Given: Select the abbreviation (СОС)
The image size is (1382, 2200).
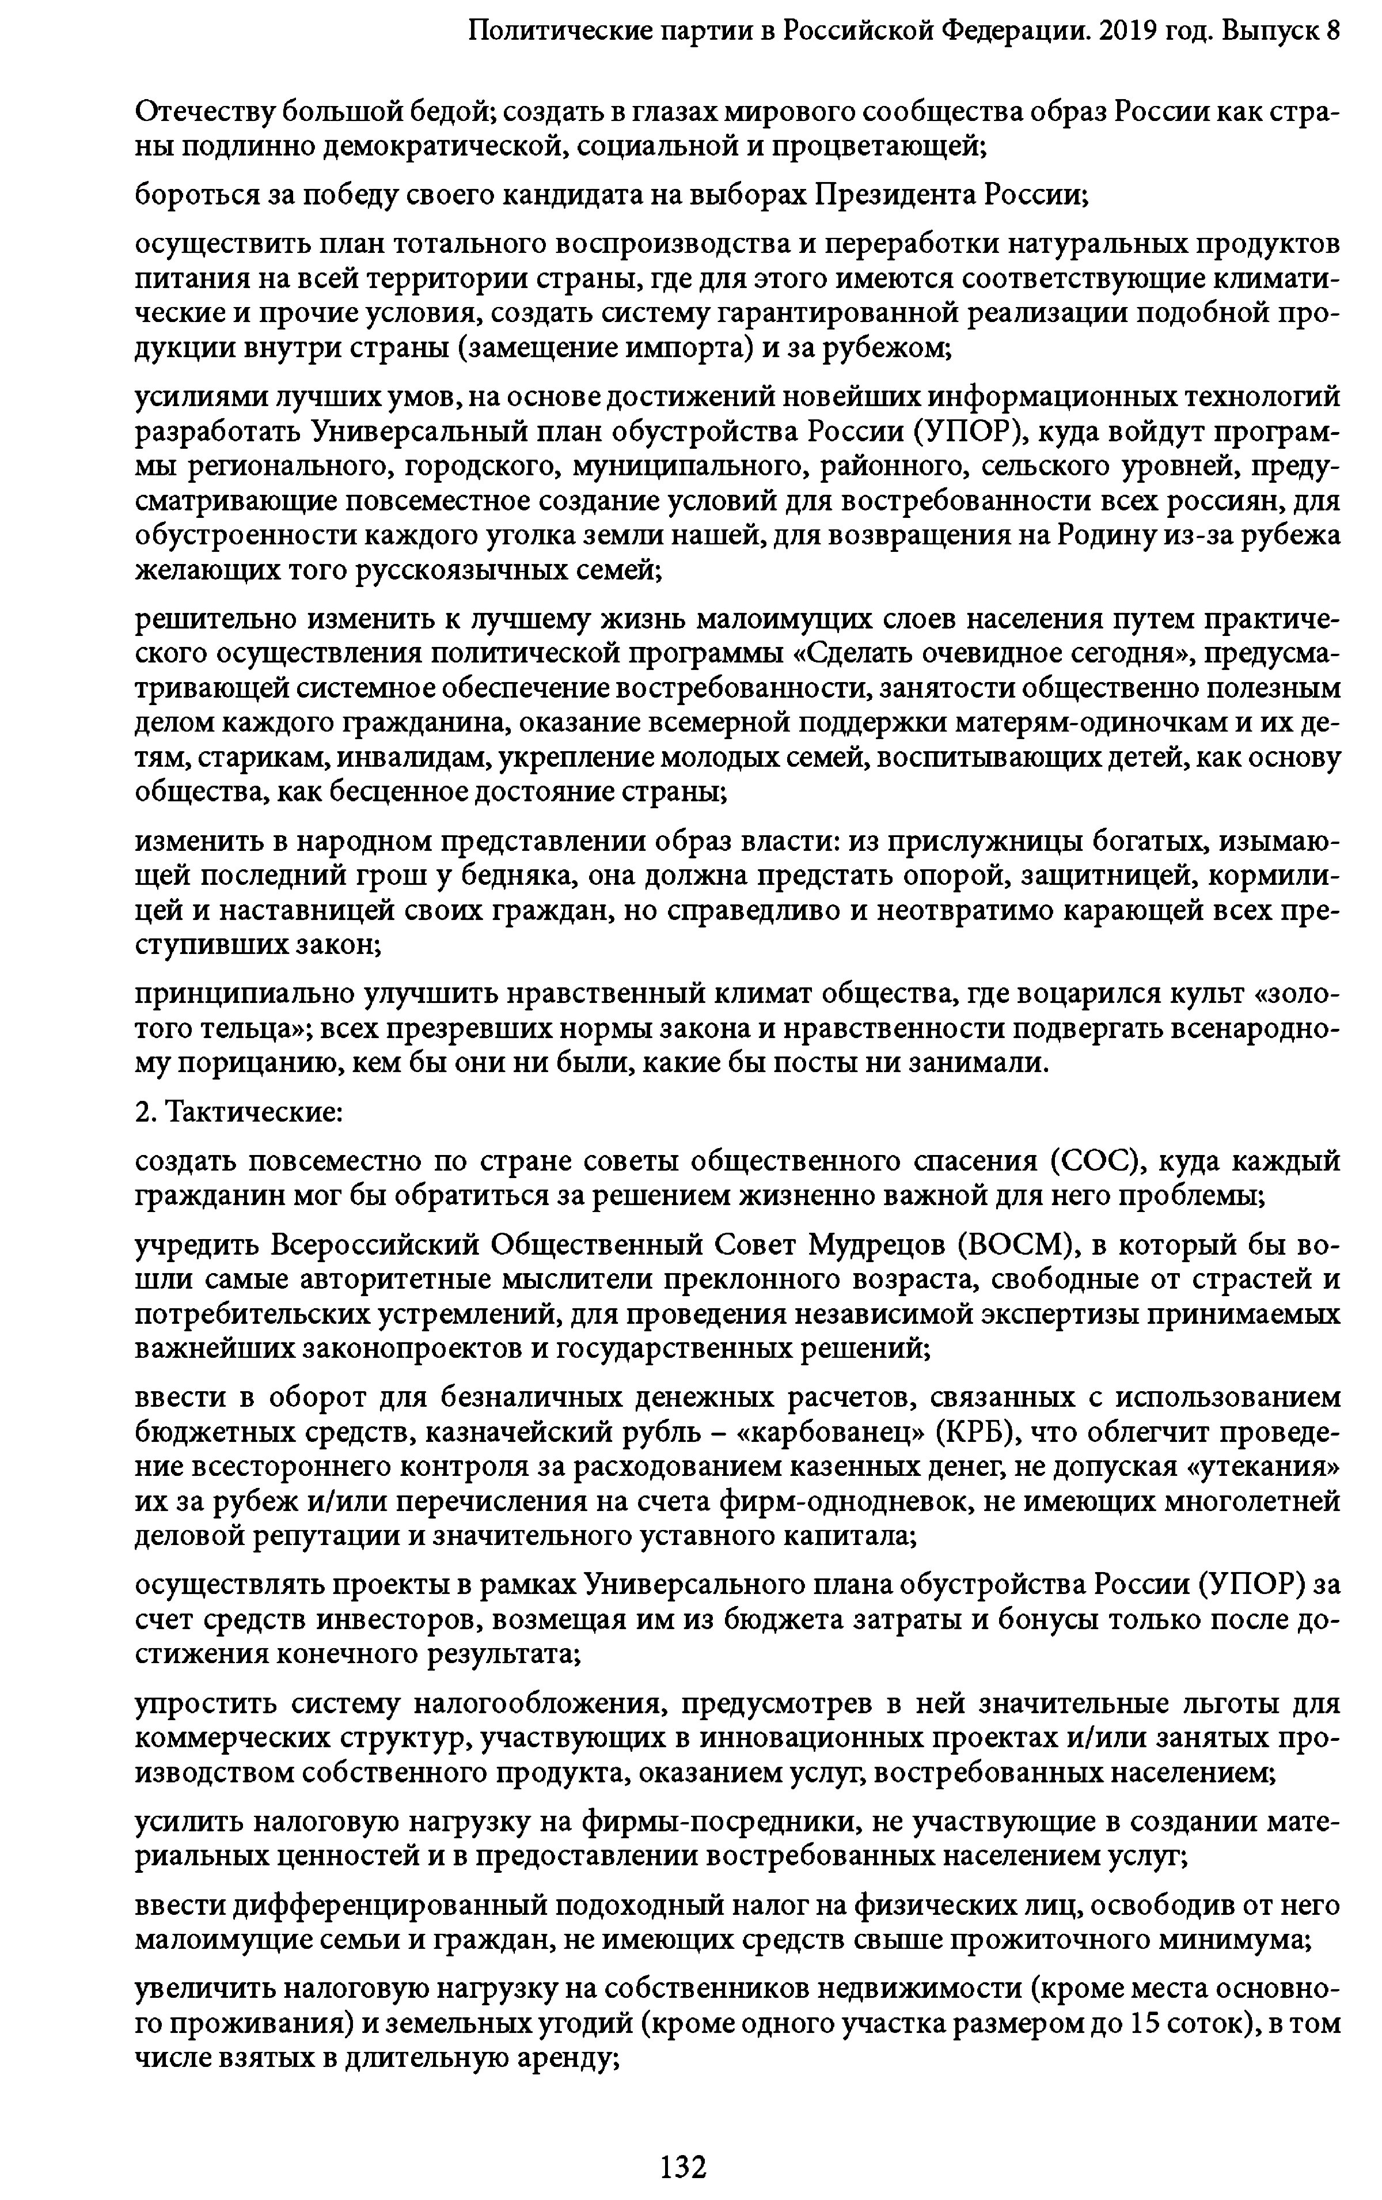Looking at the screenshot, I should (1097, 1161).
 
